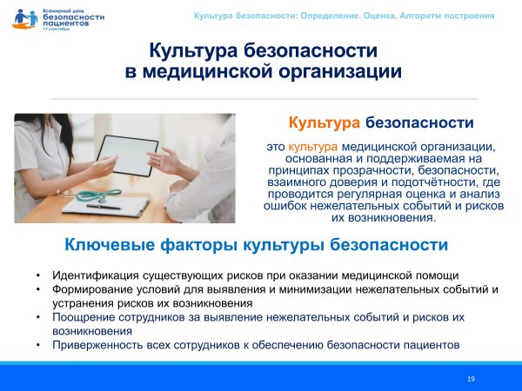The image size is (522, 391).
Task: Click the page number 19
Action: [471, 379]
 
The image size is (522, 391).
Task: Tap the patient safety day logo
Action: [49, 18]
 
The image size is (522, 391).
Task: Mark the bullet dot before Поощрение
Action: [38, 317]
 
